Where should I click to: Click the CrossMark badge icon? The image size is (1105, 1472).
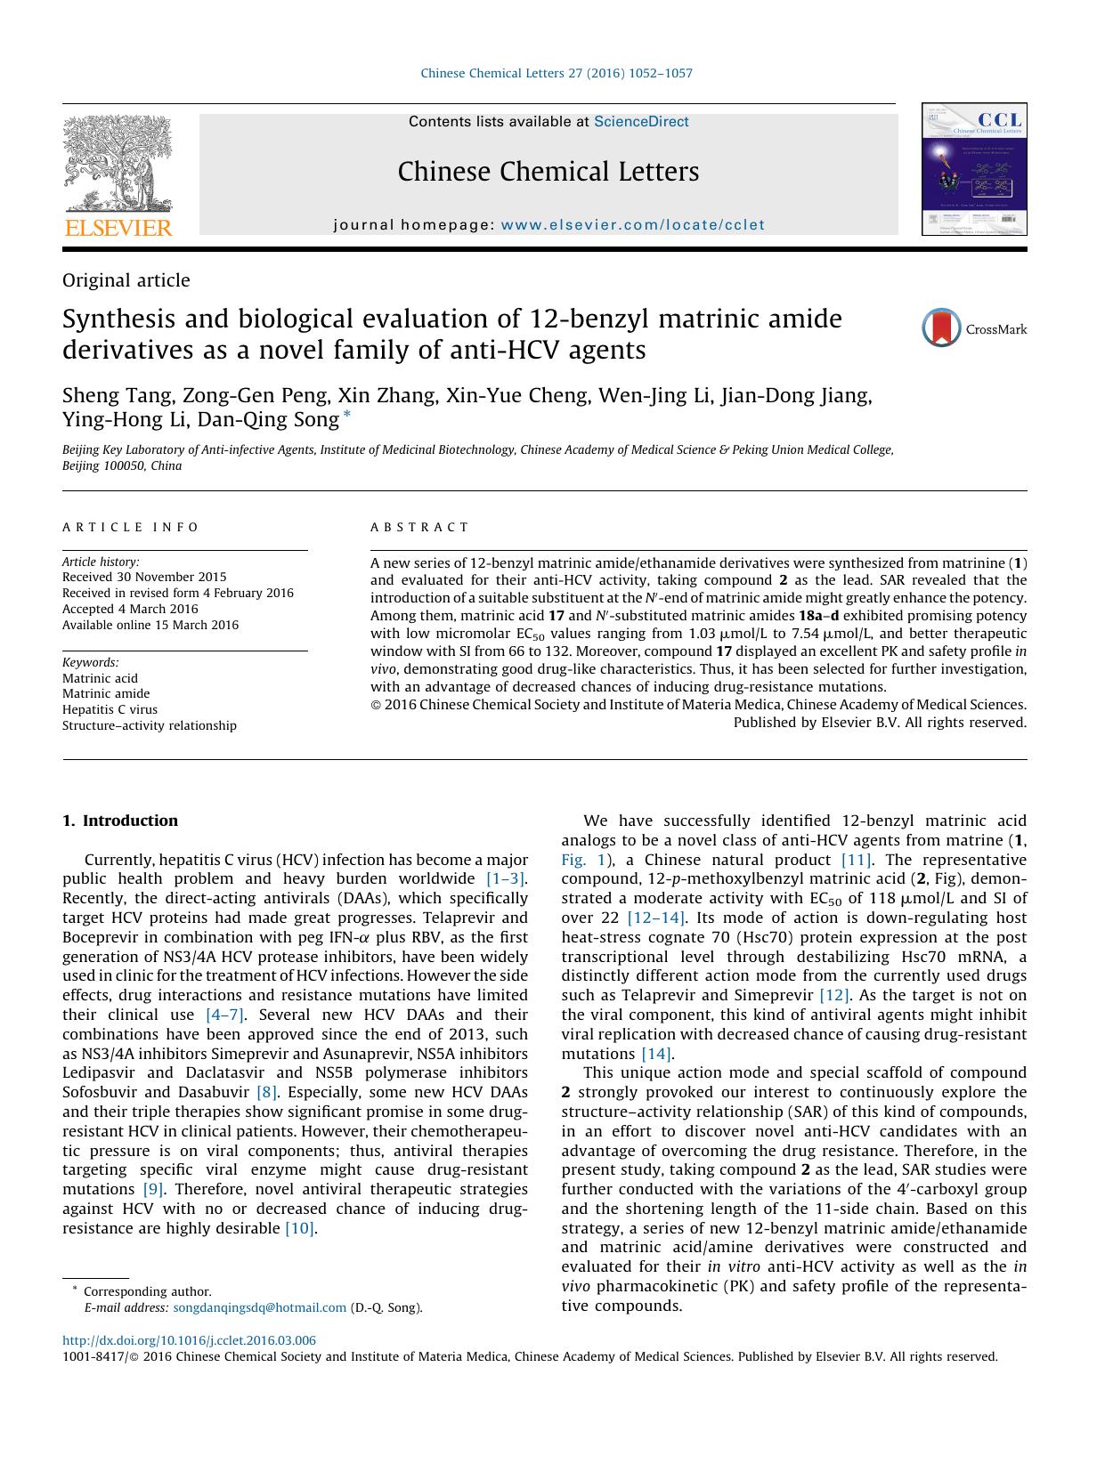click(941, 328)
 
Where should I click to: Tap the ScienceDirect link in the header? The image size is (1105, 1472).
click(641, 122)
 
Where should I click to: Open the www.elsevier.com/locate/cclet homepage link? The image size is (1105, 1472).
click(632, 225)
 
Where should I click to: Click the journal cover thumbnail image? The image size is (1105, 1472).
click(974, 169)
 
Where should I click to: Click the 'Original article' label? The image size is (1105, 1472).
click(126, 280)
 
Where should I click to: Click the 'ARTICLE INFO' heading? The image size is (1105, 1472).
click(131, 527)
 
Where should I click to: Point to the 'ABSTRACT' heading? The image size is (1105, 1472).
click(419, 527)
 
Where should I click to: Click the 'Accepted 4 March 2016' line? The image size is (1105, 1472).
click(130, 609)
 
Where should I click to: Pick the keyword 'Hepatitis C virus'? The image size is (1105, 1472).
click(110, 709)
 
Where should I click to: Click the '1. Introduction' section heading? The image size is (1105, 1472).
click(120, 821)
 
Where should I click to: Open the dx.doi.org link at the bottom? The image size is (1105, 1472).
click(189, 1340)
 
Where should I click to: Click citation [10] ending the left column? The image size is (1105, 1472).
click(300, 1228)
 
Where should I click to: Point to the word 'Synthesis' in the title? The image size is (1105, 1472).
click(114, 319)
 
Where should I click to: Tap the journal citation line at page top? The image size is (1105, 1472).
click(556, 73)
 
